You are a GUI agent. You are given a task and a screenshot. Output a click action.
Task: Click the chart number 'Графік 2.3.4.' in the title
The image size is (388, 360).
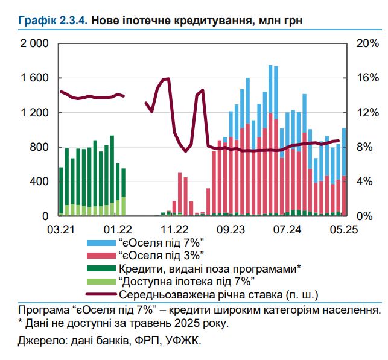tap(53, 21)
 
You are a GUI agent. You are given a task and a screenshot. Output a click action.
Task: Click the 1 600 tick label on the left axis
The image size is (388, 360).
tap(35, 78)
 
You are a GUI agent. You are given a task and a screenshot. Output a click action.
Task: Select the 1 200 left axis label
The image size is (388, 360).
tap(35, 113)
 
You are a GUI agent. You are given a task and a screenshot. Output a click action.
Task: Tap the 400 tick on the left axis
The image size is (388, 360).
tap(40, 182)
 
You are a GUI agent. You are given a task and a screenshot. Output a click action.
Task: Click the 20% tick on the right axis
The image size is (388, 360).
tap(367, 44)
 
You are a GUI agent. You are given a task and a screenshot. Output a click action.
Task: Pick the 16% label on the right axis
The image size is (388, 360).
tap(367, 78)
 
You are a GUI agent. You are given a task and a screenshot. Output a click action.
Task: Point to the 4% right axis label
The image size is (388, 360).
tap(364, 182)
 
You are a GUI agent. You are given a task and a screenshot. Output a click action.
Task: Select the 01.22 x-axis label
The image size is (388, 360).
tap(118, 229)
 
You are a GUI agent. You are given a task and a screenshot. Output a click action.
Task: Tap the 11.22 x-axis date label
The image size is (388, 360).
tap(174, 229)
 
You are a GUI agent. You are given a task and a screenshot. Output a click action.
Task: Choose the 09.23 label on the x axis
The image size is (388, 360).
tap(231, 229)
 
